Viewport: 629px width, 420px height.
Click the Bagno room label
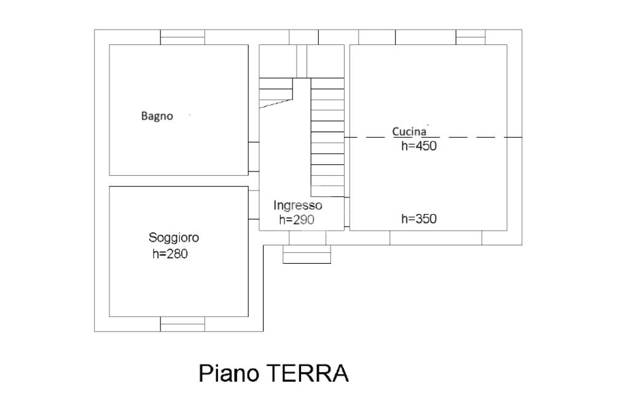[157, 116]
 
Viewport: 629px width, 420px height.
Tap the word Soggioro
[174, 238]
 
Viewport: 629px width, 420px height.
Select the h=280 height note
[170, 254]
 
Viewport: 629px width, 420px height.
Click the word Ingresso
[298, 205]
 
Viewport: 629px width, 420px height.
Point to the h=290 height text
[297, 220]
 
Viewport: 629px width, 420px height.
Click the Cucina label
[409, 132]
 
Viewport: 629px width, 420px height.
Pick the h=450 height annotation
[419, 146]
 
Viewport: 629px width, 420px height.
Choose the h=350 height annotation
[419, 219]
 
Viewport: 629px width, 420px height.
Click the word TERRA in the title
[307, 373]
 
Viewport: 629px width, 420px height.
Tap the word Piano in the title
[229, 373]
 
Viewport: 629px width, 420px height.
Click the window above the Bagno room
[182, 37]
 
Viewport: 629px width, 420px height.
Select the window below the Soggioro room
[182, 324]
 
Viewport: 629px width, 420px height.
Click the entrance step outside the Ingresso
[307, 254]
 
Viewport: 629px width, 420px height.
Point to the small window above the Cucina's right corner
[471, 37]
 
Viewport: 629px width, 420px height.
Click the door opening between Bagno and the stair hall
[254, 157]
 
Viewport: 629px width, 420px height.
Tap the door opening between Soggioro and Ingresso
[254, 204]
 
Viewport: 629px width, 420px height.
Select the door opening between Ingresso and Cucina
[347, 212]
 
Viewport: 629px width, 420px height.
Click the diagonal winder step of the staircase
[276, 103]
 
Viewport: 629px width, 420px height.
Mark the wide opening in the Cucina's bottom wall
[436, 238]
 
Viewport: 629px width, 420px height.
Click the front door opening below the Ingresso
[307, 238]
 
